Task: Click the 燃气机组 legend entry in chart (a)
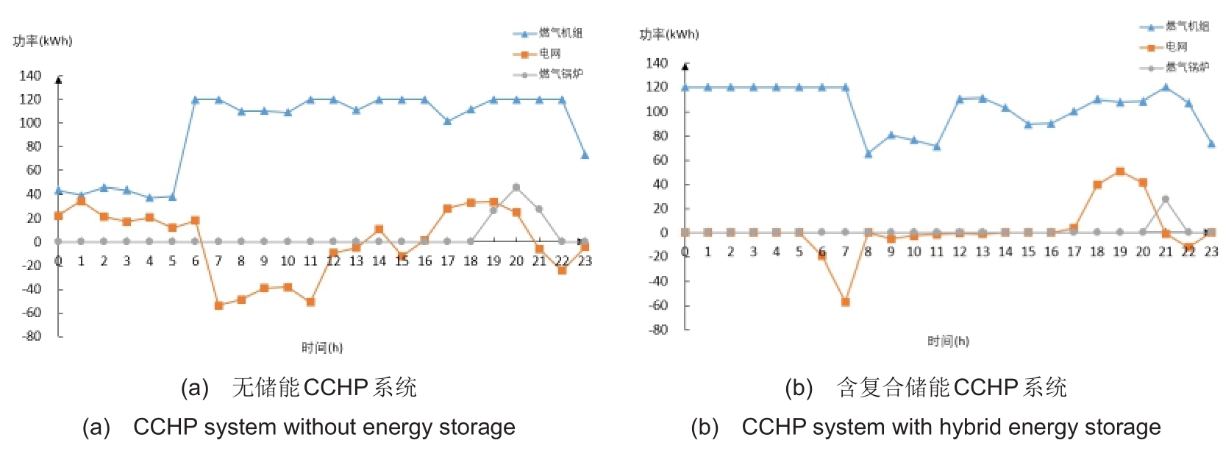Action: point(560,33)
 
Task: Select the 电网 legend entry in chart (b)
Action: point(1176,47)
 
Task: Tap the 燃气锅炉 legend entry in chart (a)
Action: point(560,74)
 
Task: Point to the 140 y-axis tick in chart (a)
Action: point(30,76)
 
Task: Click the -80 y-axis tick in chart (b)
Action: point(657,330)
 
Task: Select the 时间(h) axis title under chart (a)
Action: point(322,347)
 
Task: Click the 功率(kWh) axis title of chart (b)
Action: point(669,35)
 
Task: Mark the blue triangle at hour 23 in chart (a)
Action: point(585,155)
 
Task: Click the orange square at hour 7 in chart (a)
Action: point(218,305)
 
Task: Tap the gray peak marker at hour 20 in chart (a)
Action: point(516,187)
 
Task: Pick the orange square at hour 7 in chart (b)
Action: point(845,302)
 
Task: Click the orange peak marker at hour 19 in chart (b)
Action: point(1120,171)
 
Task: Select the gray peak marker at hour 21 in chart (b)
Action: point(1166,199)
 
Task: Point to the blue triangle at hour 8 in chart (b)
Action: point(868,154)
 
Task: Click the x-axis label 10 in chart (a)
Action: point(288,261)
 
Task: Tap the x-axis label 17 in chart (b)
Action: point(1074,252)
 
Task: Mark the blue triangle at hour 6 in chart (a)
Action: point(196,99)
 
